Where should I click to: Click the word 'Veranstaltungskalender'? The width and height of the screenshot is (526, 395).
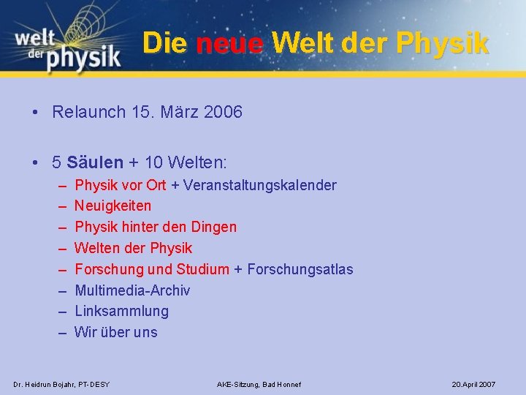(x=260, y=185)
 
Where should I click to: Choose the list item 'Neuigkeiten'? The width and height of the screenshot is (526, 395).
(x=113, y=206)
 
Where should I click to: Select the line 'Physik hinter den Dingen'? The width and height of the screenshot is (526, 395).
(x=156, y=227)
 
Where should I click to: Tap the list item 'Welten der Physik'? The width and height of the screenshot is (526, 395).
(x=134, y=248)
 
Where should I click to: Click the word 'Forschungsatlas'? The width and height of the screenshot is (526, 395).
(x=300, y=269)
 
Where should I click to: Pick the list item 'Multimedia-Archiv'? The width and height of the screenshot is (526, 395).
(x=132, y=290)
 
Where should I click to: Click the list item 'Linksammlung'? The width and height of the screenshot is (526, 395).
(x=121, y=311)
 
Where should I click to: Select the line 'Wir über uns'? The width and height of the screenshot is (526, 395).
(x=116, y=332)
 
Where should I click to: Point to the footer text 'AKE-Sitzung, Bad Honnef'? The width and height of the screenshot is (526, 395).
(x=259, y=384)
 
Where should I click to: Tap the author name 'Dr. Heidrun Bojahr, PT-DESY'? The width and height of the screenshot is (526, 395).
(x=62, y=384)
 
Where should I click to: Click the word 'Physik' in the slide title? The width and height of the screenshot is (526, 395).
(x=442, y=43)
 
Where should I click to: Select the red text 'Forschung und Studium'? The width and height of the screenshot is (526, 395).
(x=152, y=269)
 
